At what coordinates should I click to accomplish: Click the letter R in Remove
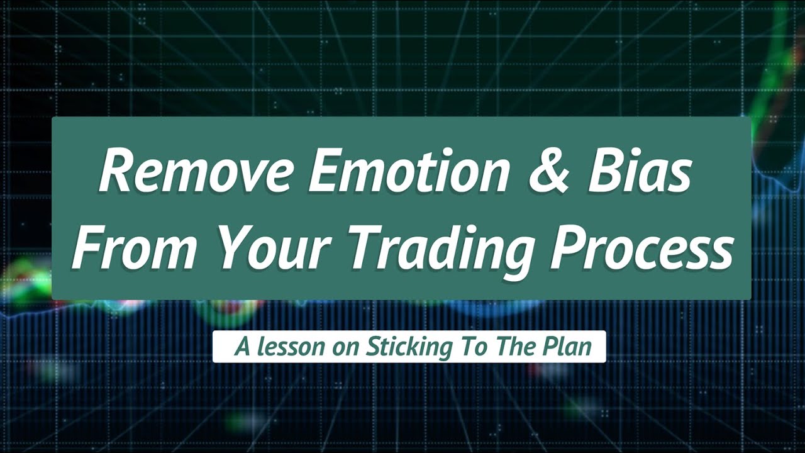tap(116, 174)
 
